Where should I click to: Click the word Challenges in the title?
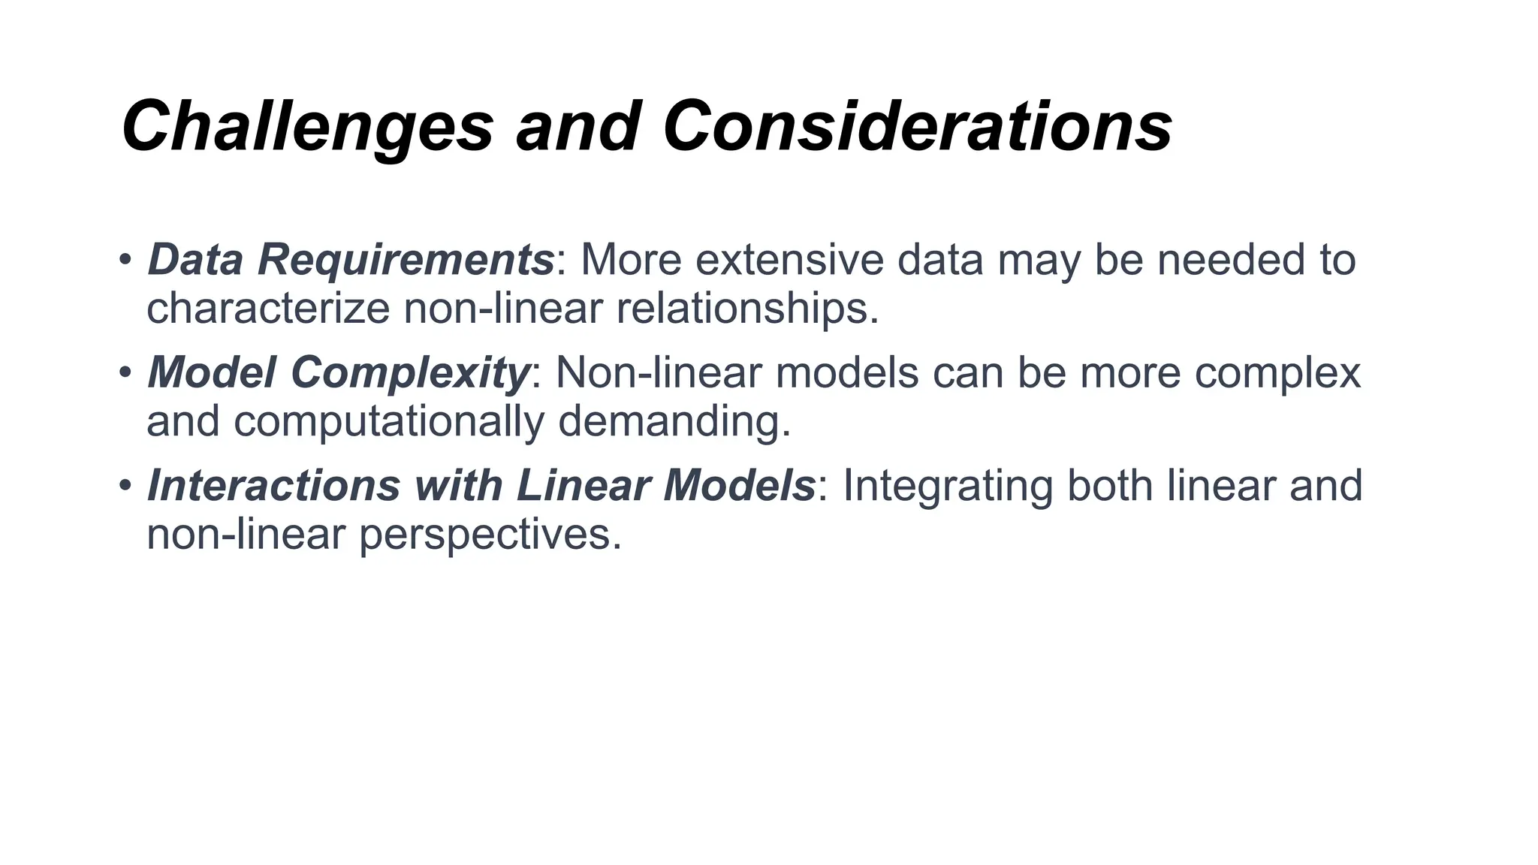click(307, 126)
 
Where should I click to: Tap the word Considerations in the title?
click(917, 126)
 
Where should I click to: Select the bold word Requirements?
click(406, 259)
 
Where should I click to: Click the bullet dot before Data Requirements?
click(125, 260)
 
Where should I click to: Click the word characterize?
click(268, 308)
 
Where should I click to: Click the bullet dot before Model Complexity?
click(125, 372)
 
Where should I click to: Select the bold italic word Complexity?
click(410, 372)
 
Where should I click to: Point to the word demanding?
click(674, 420)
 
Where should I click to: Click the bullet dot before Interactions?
click(125, 486)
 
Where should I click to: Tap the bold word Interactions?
click(273, 485)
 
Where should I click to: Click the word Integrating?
click(948, 485)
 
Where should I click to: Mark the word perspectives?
click(490, 535)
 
